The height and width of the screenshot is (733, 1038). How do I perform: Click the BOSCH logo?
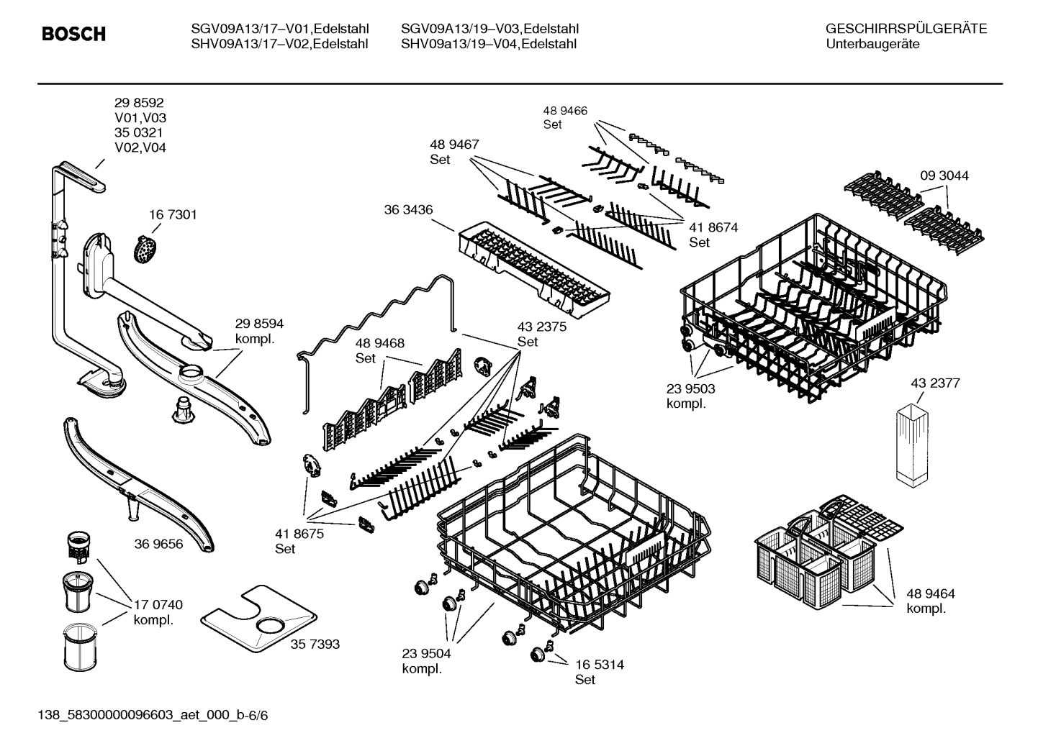[73, 35]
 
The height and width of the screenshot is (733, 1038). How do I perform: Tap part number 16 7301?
[173, 214]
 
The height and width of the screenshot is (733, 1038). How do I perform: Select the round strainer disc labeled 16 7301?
[146, 248]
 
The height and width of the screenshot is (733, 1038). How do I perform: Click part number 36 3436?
[408, 209]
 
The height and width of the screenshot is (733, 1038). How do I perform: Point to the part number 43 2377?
[935, 383]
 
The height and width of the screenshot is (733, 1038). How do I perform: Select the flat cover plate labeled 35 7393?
[259, 618]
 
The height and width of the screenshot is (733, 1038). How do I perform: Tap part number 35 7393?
[315, 645]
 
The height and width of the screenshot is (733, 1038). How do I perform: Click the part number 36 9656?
[158, 544]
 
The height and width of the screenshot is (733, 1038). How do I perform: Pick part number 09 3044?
[944, 176]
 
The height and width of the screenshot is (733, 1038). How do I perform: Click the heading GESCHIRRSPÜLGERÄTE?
[906, 29]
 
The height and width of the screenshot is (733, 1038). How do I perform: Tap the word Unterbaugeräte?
[872, 44]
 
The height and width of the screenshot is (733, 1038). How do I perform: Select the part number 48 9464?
[930, 593]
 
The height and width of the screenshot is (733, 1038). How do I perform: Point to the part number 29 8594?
[259, 324]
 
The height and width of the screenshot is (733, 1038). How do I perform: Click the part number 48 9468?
[379, 343]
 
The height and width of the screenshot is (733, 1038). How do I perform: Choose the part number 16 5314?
[599, 665]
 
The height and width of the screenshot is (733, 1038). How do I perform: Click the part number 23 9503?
[690, 388]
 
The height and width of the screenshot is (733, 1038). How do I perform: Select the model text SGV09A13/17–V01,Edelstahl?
[280, 29]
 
